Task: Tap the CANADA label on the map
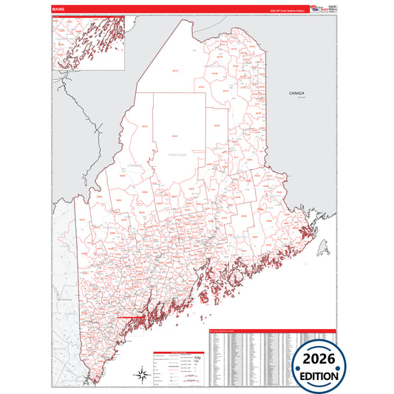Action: pos(297,93)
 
